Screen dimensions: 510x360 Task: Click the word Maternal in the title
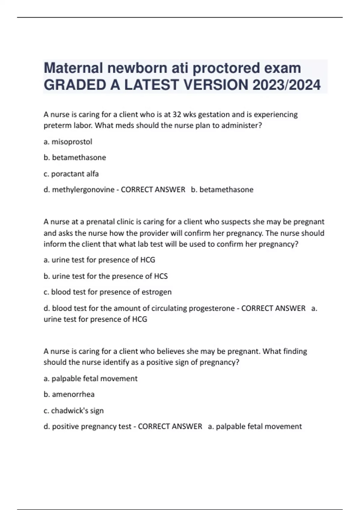(x=73, y=68)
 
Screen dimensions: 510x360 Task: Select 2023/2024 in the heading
(x=286, y=85)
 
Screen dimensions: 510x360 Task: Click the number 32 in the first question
(x=176, y=115)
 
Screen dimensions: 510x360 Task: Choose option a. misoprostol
(x=68, y=142)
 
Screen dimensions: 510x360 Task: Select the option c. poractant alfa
(x=71, y=174)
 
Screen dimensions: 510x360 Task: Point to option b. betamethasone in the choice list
(x=75, y=157)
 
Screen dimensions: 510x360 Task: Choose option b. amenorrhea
(x=69, y=394)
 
